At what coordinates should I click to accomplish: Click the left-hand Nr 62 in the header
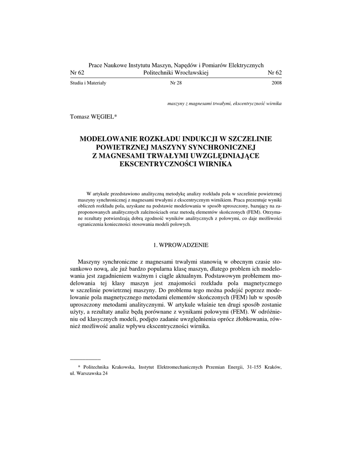click(x=77, y=73)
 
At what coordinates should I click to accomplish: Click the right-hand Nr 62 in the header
click(x=275, y=73)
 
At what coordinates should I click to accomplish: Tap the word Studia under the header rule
click(x=77, y=84)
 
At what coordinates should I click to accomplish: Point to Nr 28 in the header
click(x=176, y=84)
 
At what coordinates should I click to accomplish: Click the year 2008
click(x=276, y=84)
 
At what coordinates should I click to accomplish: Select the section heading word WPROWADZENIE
click(x=184, y=245)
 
